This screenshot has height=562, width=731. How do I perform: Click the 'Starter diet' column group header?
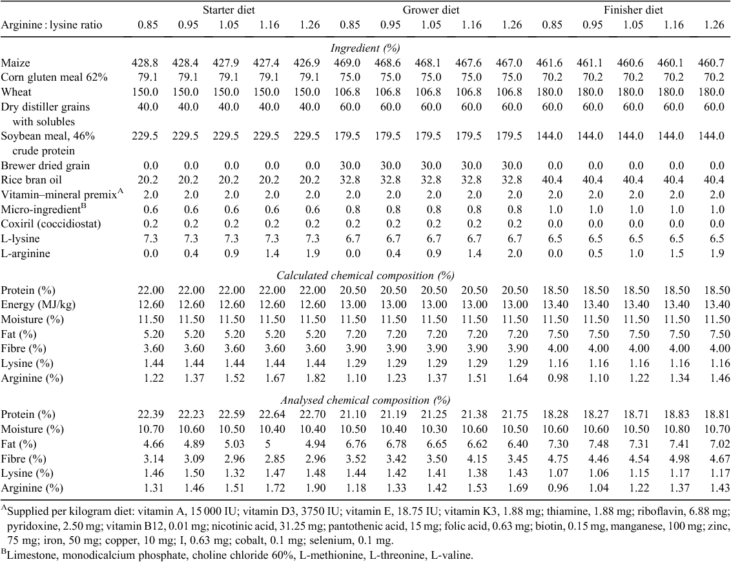(229, 10)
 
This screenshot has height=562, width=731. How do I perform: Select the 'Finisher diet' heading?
(633, 10)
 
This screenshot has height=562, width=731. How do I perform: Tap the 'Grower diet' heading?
(431, 10)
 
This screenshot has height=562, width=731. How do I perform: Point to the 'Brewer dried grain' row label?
(45, 165)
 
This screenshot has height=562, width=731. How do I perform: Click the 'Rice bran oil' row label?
(31, 180)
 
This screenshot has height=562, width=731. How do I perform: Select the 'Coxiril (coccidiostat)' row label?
(51, 224)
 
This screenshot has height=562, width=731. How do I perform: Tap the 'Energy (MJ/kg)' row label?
(38, 304)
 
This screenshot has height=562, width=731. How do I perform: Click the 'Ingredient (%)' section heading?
(365, 48)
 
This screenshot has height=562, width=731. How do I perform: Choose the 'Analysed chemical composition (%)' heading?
(365, 400)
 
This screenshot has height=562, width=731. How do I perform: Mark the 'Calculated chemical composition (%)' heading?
(365, 276)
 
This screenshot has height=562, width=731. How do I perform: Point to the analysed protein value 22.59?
(229, 415)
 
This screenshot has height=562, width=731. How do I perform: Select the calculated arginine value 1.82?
(309, 379)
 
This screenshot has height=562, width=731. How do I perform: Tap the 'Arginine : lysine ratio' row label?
(51, 25)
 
